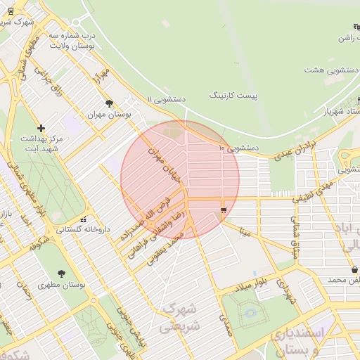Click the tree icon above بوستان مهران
click(x=108, y=103)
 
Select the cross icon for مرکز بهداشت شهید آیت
click(x=41, y=128)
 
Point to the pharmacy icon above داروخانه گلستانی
click(x=84, y=219)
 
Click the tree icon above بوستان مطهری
click(x=63, y=274)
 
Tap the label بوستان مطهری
click(x=63, y=285)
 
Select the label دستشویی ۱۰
click(x=239, y=148)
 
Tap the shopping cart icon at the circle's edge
click(x=224, y=210)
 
